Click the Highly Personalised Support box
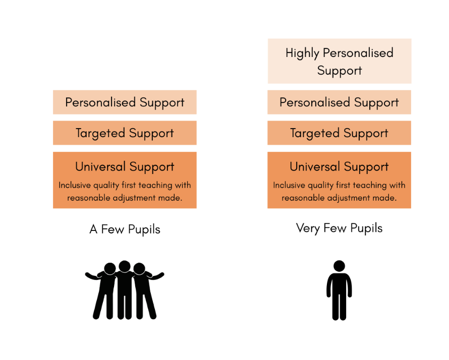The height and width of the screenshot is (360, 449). pyautogui.click(x=340, y=61)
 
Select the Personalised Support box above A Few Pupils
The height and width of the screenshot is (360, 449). pyautogui.click(x=125, y=102)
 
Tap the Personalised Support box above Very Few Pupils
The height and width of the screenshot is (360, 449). pyautogui.click(x=340, y=102)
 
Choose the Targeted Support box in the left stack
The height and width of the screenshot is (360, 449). pyautogui.click(x=125, y=133)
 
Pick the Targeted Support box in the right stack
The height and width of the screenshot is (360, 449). pyautogui.click(x=340, y=133)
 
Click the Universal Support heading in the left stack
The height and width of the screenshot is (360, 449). pyautogui.click(x=125, y=167)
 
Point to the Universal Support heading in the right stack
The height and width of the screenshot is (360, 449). pyautogui.click(x=340, y=167)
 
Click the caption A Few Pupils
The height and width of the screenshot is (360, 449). pyautogui.click(x=125, y=229)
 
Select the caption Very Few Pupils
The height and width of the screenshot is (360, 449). pyautogui.click(x=340, y=228)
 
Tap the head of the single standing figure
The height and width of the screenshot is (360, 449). pyautogui.click(x=340, y=266)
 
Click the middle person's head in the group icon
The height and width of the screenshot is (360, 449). pyautogui.click(x=125, y=266)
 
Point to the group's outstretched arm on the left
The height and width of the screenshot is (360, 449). pyautogui.click(x=92, y=276)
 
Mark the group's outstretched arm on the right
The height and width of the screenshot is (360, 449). pyautogui.click(x=156, y=276)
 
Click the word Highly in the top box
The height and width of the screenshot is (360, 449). pyautogui.click(x=302, y=53)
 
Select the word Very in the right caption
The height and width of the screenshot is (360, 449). pyautogui.click(x=308, y=228)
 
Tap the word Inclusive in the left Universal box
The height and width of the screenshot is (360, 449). pyautogui.click(x=75, y=185)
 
